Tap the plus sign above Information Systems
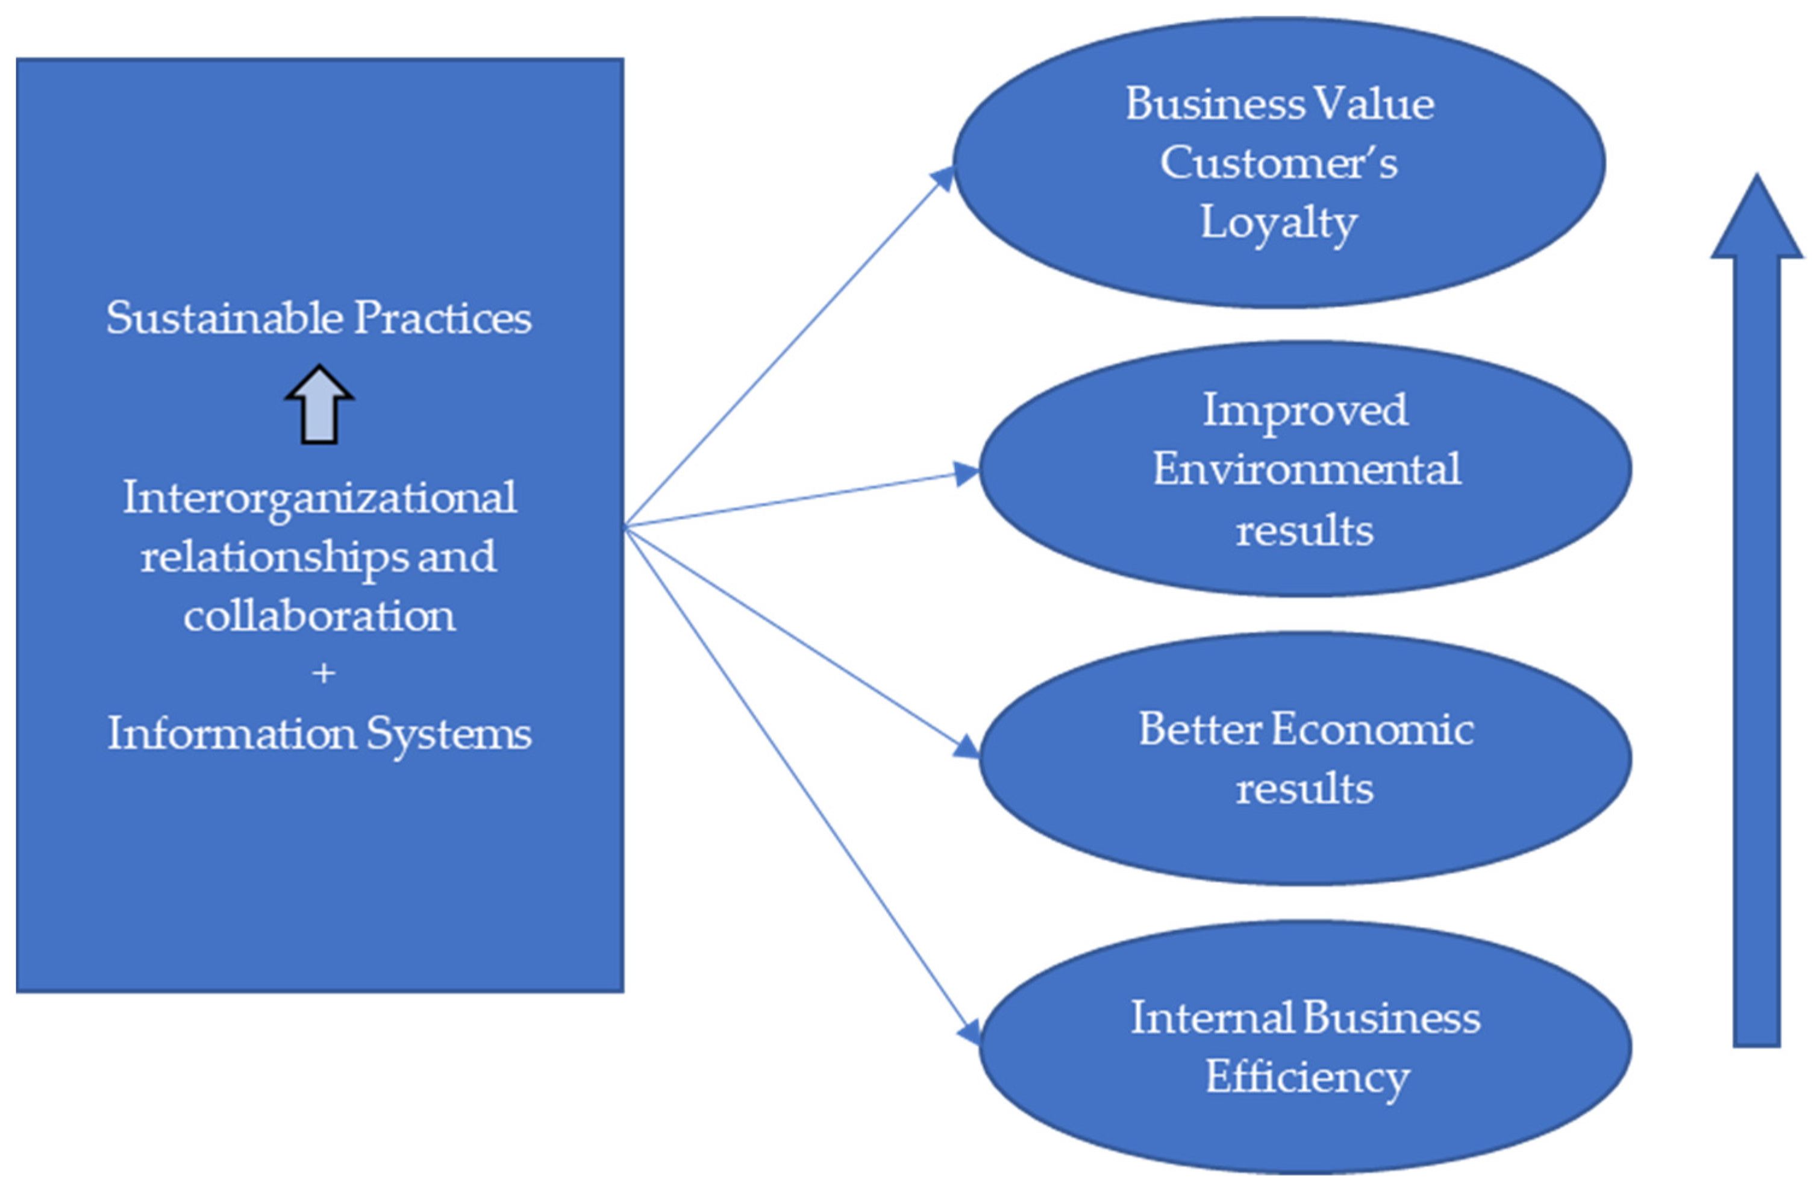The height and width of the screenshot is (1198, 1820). [x=324, y=673]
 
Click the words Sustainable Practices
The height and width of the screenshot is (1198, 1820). [x=319, y=318]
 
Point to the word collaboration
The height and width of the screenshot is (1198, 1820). [x=320, y=615]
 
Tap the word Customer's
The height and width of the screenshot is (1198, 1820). [x=1278, y=163]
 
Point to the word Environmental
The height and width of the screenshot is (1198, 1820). [x=1306, y=469]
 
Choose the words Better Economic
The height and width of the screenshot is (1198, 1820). [x=1306, y=729]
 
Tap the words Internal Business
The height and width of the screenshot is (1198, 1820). [x=1306, y=1018]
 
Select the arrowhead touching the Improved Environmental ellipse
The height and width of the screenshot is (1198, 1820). [x=968, y=474]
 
